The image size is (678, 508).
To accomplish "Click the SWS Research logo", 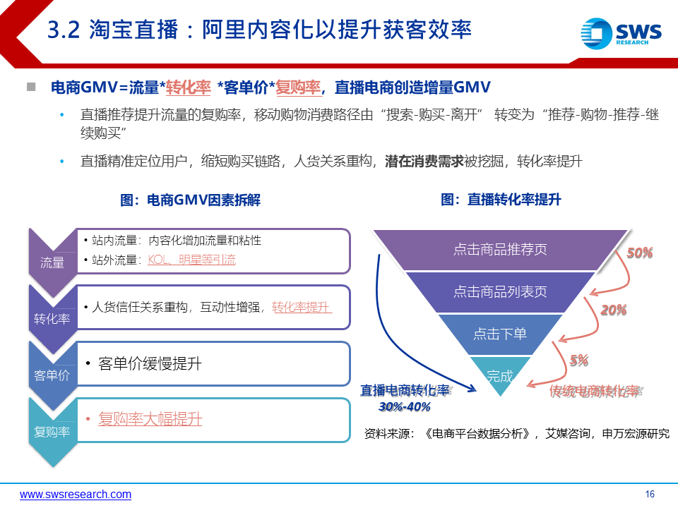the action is [x=621, y=33].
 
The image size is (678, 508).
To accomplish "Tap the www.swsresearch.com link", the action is [x=76, y=494].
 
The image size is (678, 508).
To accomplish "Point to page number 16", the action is [x=650, y=494].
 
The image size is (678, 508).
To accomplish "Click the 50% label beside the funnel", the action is [x=640, y=253].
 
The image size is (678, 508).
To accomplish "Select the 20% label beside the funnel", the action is [x=614, y=310].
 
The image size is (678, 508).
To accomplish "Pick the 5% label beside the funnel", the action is [x=579, y=360].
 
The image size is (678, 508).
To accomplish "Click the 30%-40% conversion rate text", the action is [x=405, y=406].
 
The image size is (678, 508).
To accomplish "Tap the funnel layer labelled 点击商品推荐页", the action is [x=500, y=250].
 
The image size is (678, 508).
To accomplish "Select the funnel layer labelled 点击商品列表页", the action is [x=500, y=292].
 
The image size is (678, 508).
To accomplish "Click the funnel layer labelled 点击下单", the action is [x=500, y=334].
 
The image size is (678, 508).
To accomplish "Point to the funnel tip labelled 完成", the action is [x=500, y=374].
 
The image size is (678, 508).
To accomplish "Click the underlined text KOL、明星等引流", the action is [x=191, y=260].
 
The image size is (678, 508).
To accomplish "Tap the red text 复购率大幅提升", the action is [x=150, y=419].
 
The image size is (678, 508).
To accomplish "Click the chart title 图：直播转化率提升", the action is [x=501, y=200].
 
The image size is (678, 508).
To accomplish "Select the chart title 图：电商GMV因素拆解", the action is [x=190, y=200].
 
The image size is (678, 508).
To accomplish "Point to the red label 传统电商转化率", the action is [x=595, y=391].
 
